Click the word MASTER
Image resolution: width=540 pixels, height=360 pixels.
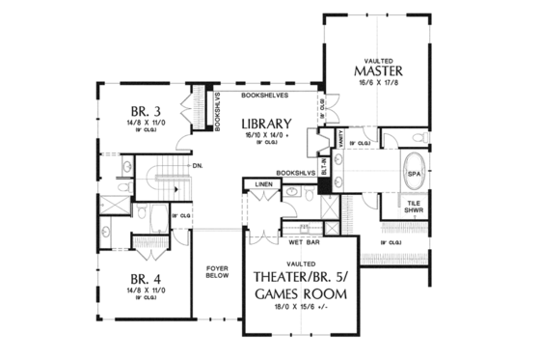pos(377,70)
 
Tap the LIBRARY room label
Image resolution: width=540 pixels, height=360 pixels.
pos(267,124)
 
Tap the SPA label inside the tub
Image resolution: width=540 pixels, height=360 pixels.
pos(415,173)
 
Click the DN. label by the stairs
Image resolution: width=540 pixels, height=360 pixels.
pos(196,166)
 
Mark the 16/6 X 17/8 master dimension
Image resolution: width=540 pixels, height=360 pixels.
pos(377,85)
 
